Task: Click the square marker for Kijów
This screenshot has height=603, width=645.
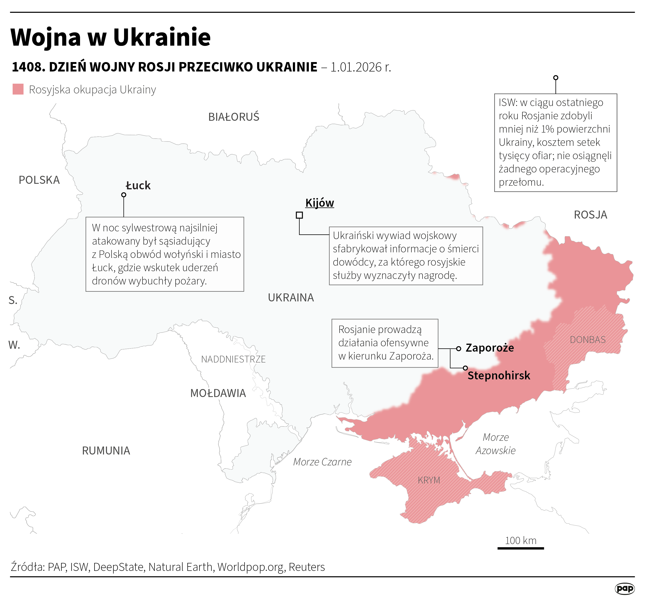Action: coord(299,215)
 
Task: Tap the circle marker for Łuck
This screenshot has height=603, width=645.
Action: coord(124,195)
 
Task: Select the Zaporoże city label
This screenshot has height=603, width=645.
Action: coord(489,348)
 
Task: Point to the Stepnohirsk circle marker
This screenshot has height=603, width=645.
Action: coord(465,368)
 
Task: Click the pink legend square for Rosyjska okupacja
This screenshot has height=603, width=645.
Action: coord(18,89)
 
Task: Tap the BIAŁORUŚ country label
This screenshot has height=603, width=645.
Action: coord(234,117)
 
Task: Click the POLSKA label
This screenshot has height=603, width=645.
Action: coord(39,180)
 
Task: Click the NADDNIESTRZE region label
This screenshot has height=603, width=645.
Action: coord(233,359)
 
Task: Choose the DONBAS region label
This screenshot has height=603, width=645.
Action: coord(588,340)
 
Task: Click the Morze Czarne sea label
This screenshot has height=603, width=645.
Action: coord(322,462)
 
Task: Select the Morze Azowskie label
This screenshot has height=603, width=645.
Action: coord(496,444)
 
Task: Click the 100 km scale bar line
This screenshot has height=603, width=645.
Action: coord(520,548)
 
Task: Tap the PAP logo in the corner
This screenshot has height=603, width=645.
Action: coord(624,589)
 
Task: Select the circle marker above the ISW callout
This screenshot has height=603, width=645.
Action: coord(556,78)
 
